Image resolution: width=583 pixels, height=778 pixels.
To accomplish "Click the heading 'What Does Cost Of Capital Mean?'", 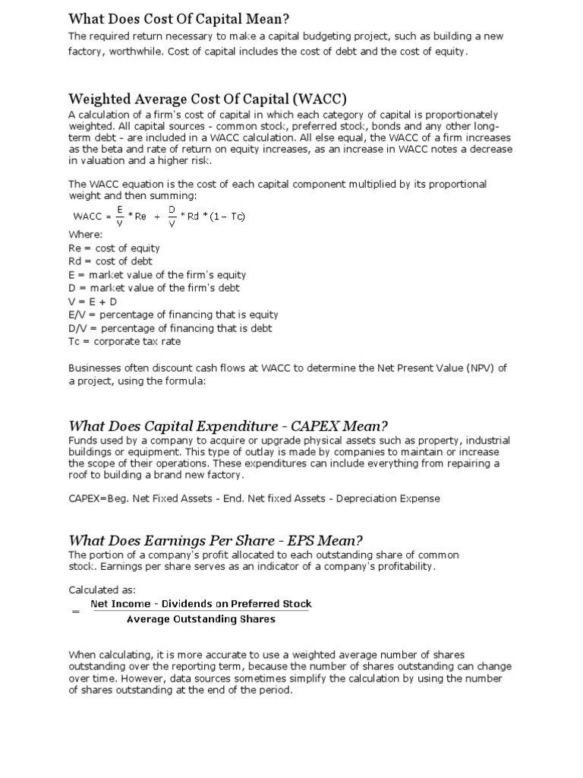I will pos(180,18).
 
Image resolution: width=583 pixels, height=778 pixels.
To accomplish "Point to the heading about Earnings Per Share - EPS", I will pos(216,540).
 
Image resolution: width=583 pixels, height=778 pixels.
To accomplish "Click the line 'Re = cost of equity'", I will pos(114,248).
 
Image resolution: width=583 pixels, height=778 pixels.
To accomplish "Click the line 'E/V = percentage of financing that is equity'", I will pos(173,315).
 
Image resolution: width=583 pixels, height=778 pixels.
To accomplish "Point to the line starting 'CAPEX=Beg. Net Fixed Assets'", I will pos(254,499).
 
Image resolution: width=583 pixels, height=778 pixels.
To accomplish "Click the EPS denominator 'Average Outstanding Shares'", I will pos(201,619).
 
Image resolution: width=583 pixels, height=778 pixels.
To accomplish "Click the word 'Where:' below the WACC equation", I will pos(85,235).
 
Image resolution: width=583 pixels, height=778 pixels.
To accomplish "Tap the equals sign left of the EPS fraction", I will pos(75,612).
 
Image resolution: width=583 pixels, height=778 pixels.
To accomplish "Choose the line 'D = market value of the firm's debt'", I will pos(154,288).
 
